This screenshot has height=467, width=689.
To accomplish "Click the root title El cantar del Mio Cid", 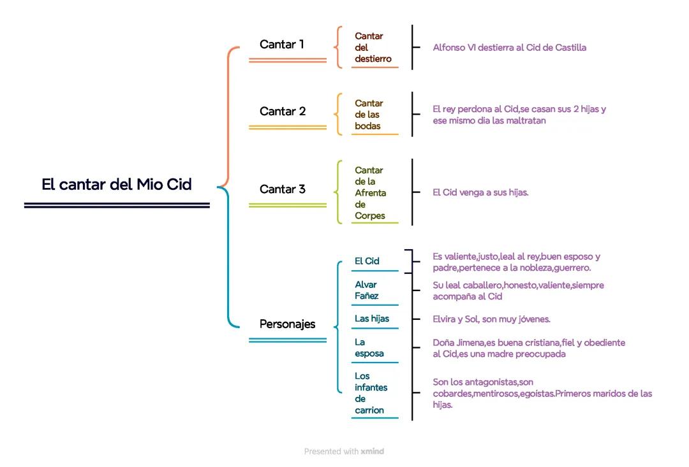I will pyautogui.click(x=117, y=185).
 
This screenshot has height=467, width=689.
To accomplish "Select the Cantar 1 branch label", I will pyautogui.click(x=282, y=45).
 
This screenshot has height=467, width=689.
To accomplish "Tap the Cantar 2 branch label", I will pyautogui.click(x=283, y=111).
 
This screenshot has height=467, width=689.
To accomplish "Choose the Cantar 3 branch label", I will pyautogui.click(x=283, y=189).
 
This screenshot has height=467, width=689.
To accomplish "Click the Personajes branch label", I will pyautogui.click(x=287, y=324).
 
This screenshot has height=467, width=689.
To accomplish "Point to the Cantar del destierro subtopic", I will pyautogui.click(x=373, y=48).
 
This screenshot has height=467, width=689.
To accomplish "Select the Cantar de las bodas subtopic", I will pyautogui.click(x=369, y=115).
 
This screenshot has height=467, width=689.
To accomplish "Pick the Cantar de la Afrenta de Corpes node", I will pyautogui.click(x=371, y=192).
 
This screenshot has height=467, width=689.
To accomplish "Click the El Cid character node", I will pyautogui.click(x=367, y=261).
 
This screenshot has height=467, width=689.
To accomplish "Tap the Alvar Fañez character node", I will pyautogui.click(x=366, y=290).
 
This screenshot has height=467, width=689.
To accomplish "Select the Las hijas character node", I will pyautogui.click(x=372, y=319).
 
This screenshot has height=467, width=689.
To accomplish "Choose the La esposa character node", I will pyautogui.click(x=369, y=348).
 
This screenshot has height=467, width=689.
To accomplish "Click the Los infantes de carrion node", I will pyautogui.click(x=371, y=393).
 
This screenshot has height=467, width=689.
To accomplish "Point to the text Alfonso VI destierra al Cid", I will pyautogui.click(x=509, y=48).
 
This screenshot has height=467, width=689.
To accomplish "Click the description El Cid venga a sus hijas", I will pyautogui.click(x=480, y=192).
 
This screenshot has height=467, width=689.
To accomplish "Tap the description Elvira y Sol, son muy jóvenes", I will pyautogui.click(x=491, y=319).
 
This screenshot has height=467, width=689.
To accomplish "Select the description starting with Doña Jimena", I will pyautogui.click(x=528, y=348).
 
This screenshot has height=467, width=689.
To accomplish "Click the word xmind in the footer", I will pyautogui.click(x=372, y=452).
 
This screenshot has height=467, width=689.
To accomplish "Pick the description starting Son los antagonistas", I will pyautogui.click(x=542, y=393).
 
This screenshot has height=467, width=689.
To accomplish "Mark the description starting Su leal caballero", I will pyautogui.click(x=517, y=291).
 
